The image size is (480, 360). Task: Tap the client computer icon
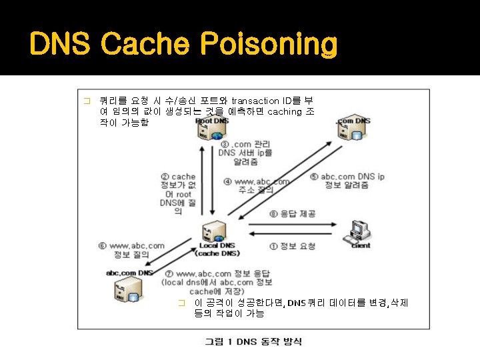(361, 231)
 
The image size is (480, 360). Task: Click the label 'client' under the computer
(361, 246)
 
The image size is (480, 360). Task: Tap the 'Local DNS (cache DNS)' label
(217, 249)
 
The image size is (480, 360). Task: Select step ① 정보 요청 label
(292, 246)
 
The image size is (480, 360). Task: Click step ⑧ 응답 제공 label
(293, 214)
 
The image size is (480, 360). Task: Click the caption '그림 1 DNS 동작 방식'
(253, 341)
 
